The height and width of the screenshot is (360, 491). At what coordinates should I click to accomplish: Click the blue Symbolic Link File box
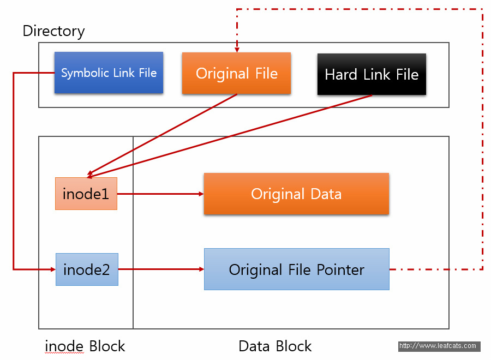pos(109,73)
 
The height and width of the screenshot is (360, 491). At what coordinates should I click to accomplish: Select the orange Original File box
pos(236,73)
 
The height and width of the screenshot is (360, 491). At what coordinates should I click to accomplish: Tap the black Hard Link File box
pos(372,74)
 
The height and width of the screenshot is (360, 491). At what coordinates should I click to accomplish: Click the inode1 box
pos(86,194)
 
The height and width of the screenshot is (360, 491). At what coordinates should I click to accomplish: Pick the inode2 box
pos(87,269)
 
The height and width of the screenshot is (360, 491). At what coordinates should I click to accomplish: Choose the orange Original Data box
pos(297,194)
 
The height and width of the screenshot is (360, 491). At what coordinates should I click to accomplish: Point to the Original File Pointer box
pos(297,269)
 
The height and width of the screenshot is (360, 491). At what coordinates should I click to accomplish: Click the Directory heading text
pos(53,31)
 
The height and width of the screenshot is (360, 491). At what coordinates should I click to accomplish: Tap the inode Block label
pos(85,346)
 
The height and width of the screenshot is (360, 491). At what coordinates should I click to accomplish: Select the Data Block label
pos(275,346)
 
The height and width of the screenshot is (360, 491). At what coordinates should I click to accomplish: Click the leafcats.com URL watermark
pos(439,346)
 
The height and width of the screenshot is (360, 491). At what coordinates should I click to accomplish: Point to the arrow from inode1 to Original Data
pos(160,194)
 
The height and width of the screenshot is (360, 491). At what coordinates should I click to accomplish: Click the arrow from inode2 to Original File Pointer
pos(161,269)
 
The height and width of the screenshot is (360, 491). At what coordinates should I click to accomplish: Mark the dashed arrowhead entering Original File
pos(237,50)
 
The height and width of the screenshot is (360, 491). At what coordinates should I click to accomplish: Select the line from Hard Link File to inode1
pos(230,136)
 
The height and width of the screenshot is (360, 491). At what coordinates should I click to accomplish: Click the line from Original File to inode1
pos(162,134)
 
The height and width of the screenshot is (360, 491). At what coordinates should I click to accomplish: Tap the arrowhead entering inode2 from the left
pos(53,269)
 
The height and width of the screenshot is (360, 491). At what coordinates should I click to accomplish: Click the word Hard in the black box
pos(341,75)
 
